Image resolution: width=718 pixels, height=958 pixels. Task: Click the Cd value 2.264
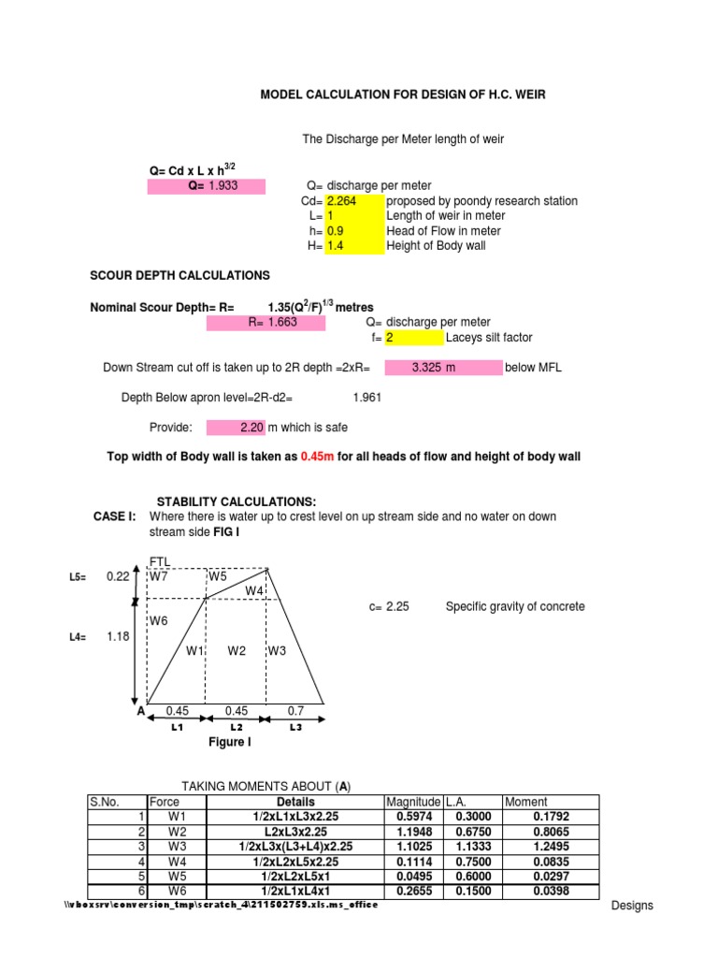coord(341,201)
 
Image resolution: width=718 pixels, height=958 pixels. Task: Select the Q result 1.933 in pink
coord(223,186)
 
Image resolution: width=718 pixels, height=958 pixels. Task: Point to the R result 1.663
coord(266,323)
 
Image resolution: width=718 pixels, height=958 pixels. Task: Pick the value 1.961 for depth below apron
coord(366,398)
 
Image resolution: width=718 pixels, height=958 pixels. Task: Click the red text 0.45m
coord(317,457)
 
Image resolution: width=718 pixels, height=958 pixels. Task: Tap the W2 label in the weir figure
coord(237,651)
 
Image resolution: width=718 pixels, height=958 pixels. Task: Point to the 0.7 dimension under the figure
coord(295,711)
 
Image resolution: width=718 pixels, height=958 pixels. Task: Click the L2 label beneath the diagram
coord(237,727)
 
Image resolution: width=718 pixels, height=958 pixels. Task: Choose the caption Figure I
coord(229,742)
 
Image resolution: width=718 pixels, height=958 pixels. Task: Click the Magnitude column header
coord(412,802)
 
